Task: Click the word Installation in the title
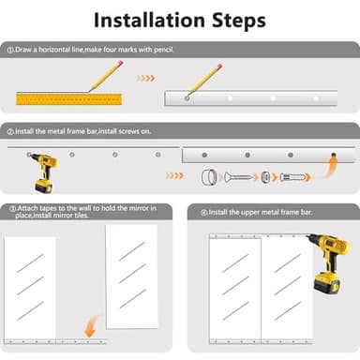[x=149, y=20]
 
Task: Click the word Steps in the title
[x=239, y=21]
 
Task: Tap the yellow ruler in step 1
[x=69, y=99]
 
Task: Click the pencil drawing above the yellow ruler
[x=106, y=77]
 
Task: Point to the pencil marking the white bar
[x=203, y=82]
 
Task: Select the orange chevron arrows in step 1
[x=145, y=78]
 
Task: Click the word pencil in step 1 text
[x=164, y=50]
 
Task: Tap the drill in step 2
[x=44, y=172]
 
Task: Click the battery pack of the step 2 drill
[x=43, y=186]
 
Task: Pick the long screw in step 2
[x=238, y=177]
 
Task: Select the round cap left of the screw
[x=209, y=177]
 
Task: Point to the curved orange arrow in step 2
[x=329, y=169]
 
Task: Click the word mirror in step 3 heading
[x=137, y=208]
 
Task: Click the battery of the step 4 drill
[x=327, y=283]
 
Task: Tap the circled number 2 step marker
[x=10, y=132]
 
